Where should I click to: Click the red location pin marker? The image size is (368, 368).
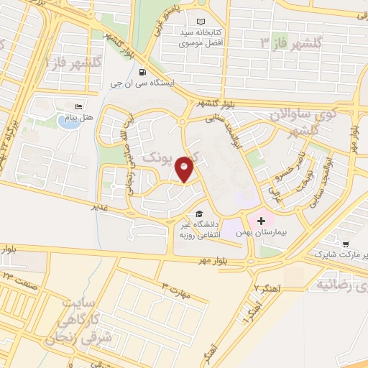coord(185,168)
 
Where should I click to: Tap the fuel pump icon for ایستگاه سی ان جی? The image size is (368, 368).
coord(143,72)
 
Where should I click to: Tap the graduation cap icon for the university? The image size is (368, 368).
coord(198,214)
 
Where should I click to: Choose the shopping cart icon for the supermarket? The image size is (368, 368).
coord(346,244)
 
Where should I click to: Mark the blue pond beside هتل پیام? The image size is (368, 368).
coord(68,121)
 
